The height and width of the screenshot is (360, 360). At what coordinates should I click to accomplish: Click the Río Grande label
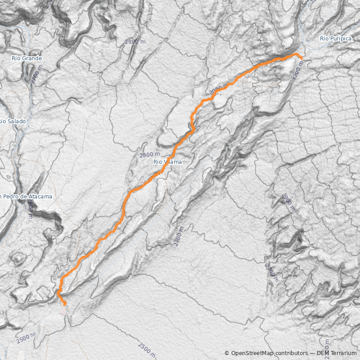click(27, 58)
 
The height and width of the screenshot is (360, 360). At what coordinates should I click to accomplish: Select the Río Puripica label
click(335, 39)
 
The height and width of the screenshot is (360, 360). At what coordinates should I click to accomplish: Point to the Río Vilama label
click(167, 162)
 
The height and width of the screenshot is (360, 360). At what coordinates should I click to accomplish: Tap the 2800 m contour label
click(149, 155)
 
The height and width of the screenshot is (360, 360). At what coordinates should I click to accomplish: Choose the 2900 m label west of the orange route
click(135, 42)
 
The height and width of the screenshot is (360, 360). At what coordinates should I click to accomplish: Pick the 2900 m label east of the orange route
click(288, 202)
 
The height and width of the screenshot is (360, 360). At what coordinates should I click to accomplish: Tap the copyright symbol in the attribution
click(227, 353)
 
